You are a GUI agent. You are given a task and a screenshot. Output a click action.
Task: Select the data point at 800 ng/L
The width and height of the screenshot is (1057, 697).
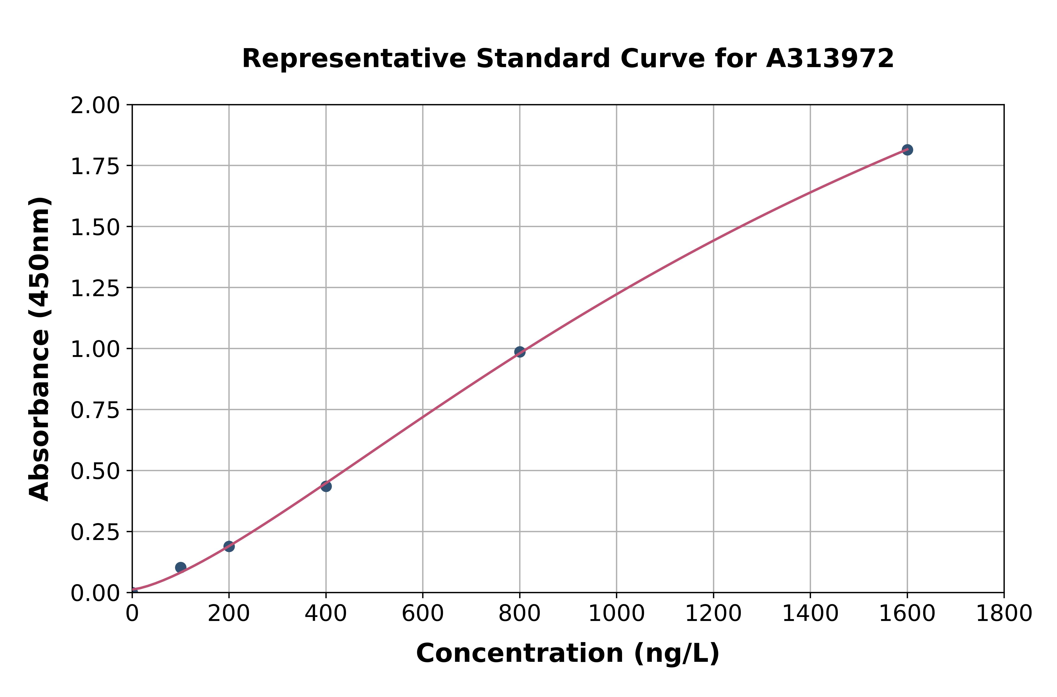[x=520, y=352]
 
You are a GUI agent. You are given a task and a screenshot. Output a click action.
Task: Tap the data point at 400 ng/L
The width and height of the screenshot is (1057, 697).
[x=326, y=486]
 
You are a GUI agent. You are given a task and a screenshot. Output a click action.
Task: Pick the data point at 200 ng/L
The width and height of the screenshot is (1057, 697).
[x=229, y=546]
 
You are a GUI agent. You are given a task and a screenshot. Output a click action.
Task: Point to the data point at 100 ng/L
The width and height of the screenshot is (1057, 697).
[x=181, y=567]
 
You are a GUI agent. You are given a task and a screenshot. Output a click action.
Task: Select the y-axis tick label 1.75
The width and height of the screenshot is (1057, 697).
[x=95, y=167]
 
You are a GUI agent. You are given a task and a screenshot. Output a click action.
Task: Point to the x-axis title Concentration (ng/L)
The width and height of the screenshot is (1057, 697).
[x=568, y=653]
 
